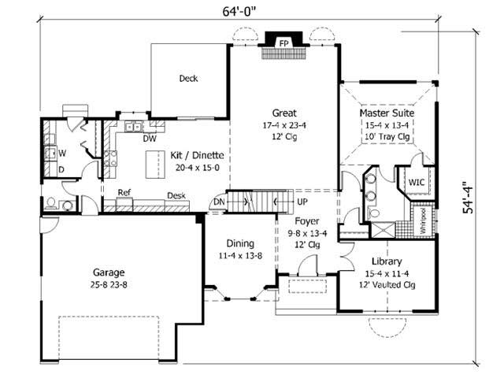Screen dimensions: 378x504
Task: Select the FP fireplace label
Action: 283,42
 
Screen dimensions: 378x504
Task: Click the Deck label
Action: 187,79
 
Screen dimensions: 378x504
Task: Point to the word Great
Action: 283,113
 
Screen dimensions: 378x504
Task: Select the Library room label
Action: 387,261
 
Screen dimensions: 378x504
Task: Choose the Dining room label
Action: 239,243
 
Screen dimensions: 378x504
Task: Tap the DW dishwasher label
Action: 149,139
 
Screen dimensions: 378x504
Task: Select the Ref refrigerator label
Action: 124,192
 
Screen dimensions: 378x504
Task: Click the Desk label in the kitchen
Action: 176,196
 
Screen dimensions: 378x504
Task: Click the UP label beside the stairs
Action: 302,202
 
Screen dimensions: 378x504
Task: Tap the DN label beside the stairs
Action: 218,202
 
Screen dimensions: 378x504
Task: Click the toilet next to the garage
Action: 53,203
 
